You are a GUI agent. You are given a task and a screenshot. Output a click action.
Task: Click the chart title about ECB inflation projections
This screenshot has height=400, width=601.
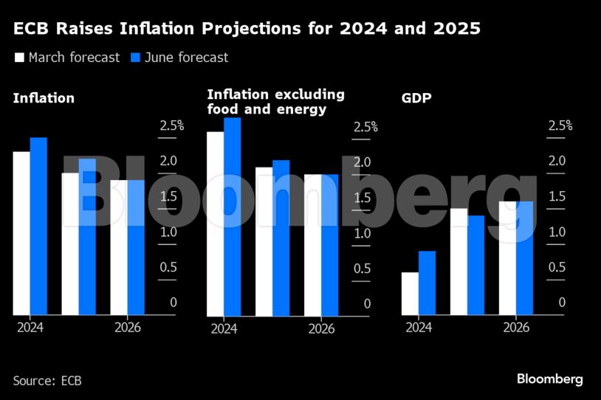(247, 30)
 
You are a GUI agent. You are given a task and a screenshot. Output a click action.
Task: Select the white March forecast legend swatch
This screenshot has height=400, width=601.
(19, 58)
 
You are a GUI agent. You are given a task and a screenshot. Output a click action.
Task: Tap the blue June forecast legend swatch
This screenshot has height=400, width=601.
(136, 58)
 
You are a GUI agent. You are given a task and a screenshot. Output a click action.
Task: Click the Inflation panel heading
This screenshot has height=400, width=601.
(44, 98)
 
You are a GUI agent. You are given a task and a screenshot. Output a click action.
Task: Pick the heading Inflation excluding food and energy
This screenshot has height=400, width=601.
(275, 103)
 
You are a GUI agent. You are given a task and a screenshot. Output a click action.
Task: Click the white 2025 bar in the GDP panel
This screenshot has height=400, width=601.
(459, 262)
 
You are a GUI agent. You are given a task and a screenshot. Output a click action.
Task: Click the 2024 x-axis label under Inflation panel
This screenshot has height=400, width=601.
(30, 328)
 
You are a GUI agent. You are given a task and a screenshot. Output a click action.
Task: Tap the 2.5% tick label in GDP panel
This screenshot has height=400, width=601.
(560, 125)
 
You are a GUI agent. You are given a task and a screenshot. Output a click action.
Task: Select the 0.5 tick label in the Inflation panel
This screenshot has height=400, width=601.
(168, 267)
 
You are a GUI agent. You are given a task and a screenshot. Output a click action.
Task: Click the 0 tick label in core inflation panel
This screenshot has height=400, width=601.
(367, 303)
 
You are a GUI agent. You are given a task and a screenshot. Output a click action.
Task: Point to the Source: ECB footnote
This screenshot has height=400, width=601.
(47, 381)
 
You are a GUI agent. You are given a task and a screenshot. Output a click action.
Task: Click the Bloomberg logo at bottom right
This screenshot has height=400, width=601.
(549, 379)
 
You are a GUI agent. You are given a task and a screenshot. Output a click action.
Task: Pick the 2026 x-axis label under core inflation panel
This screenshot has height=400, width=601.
(321, 328)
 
